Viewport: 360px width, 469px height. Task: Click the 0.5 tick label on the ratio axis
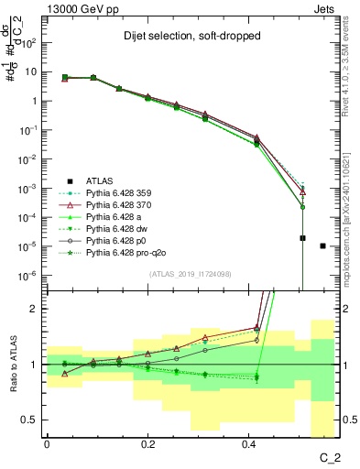pyautogui.click(x=32, y=420)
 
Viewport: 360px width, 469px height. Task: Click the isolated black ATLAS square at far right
pyautogui.click(x=322, y=245)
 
